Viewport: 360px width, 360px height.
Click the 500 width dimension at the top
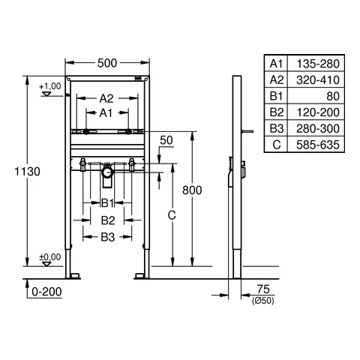pos(107,63)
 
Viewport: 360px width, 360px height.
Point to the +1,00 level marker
pos(50,86)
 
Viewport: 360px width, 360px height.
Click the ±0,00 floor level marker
pos(50,256)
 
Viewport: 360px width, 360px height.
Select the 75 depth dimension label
pos(262,289)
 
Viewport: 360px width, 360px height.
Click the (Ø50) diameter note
pos(262,301)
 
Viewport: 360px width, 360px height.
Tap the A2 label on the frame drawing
pos(106,98)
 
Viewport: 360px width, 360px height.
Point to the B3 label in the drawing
pos(108,237)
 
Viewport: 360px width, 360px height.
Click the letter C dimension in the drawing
pos(171,215)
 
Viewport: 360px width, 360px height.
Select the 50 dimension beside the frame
pos(166,141)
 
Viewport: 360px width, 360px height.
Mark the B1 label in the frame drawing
pos(108,202)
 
